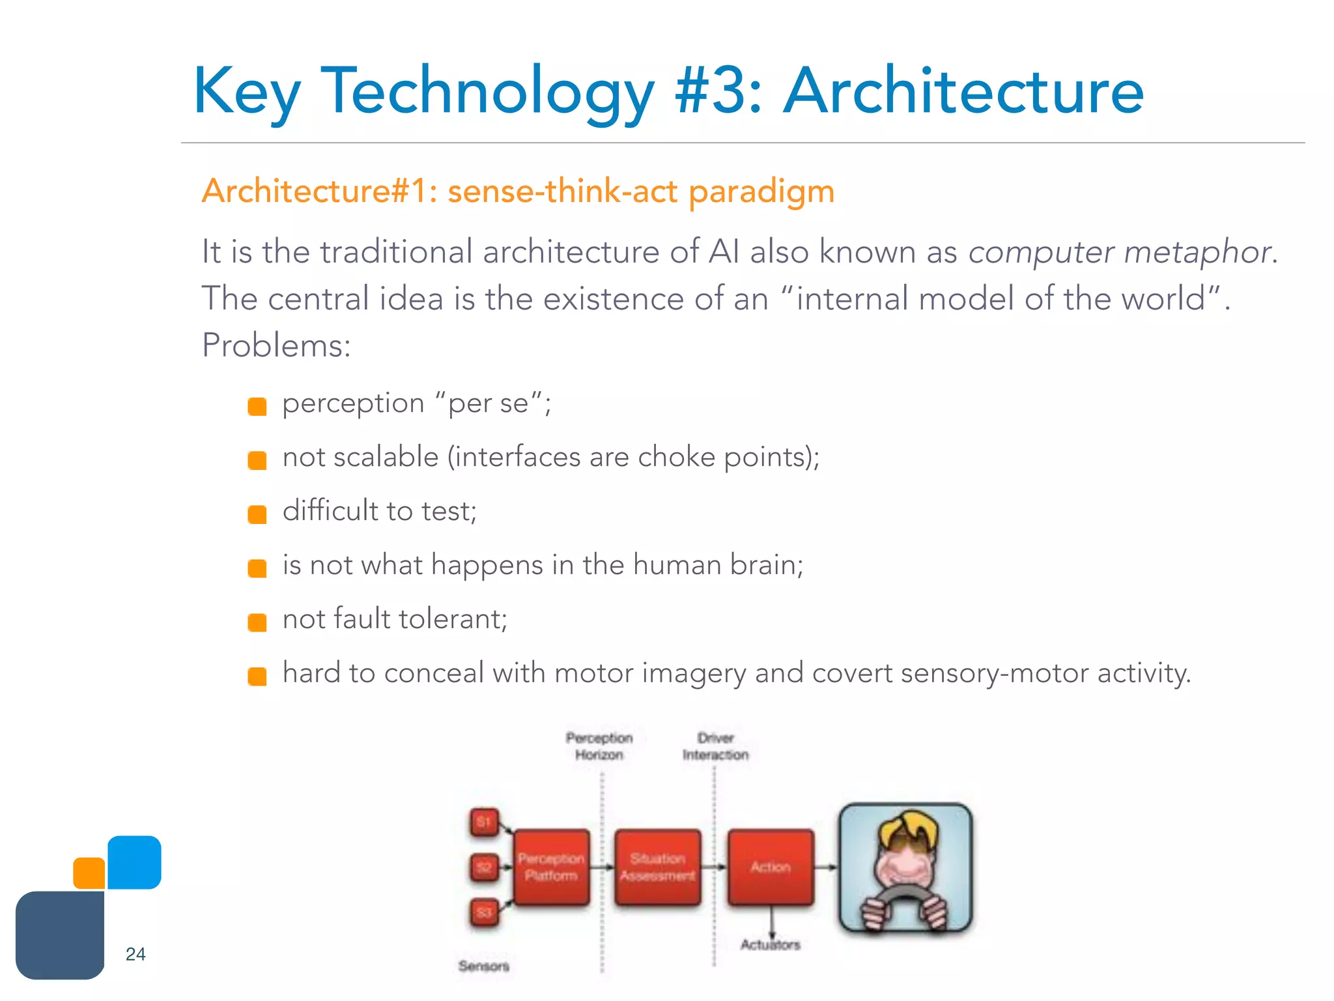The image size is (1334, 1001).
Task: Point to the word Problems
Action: point(276,345)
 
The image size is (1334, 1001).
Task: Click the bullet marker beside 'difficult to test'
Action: point(257,514)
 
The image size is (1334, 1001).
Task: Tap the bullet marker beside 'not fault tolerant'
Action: point(257,622)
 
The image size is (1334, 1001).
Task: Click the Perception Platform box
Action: point(551,867)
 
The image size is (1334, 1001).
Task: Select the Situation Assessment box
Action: point(658,867)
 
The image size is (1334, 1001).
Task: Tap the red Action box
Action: point(771,867)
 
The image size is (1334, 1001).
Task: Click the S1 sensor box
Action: point(484,822)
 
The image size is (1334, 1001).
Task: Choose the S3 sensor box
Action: point(484,912)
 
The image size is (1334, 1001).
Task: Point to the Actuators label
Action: point(770,944)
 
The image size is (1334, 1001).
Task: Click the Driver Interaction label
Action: point(715,747)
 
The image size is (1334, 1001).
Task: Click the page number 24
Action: point(135,954)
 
